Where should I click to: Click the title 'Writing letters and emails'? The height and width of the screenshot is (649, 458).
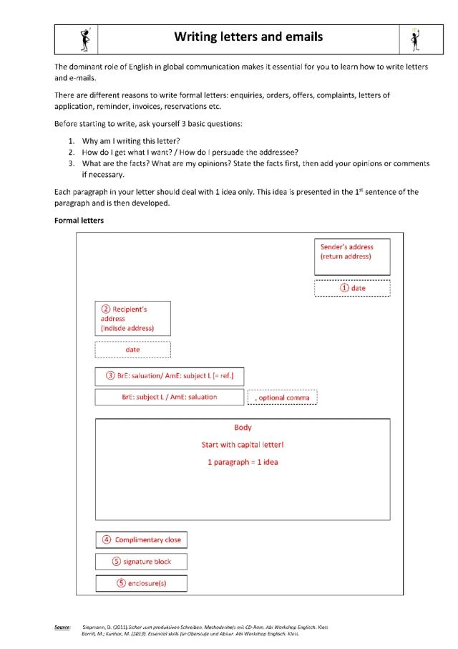coord(248,37)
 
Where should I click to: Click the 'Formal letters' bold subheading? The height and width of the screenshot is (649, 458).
coord(79,221)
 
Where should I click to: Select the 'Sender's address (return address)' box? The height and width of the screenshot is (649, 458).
coord(352,256)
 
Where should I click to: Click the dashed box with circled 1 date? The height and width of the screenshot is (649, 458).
coord(352,288)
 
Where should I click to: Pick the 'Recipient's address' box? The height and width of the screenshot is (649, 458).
coord(132,319)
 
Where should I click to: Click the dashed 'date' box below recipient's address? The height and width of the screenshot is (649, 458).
coord(132,350)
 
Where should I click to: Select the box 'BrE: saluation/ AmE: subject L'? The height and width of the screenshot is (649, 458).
coord(170,376)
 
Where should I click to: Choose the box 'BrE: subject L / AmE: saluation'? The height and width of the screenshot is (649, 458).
coord(170,397)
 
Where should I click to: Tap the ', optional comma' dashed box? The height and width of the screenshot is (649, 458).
coord(282,398)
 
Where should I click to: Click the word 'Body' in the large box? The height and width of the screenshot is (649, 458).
coord(243,428)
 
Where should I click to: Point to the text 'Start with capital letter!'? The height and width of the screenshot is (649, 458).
coord(243,445)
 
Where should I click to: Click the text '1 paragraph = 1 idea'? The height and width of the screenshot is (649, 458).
coord(243,462)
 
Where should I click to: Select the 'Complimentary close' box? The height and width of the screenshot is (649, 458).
coord(141,539)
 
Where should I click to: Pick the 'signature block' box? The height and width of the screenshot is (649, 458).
coord(141,562)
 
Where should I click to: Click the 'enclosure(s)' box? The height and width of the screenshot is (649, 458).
coord(141,583)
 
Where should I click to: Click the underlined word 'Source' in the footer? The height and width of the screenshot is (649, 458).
coord(62,627)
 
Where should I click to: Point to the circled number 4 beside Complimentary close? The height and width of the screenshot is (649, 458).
coord(106,539)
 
